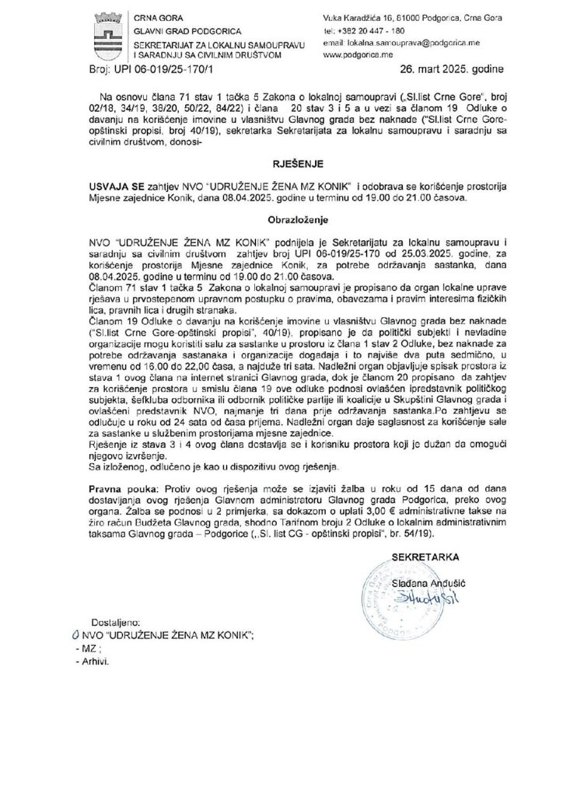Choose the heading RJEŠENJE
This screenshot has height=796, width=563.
coord(282,166)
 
